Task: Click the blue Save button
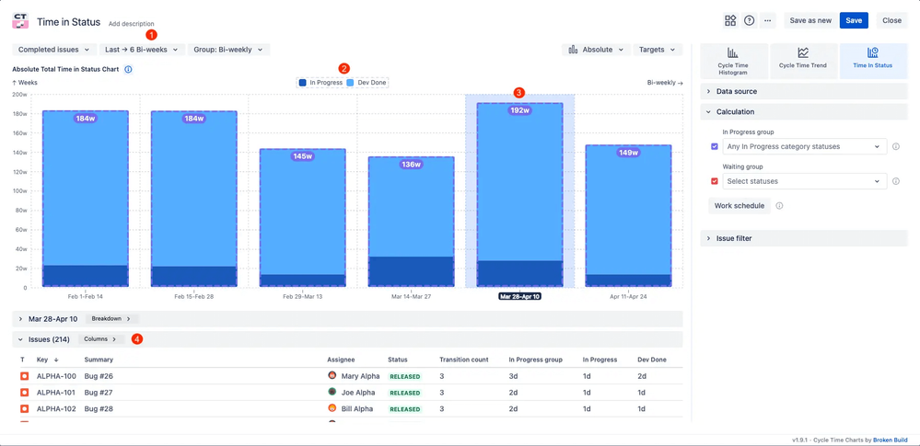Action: [x=854, y=20]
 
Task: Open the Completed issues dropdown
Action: [x=54, y=50]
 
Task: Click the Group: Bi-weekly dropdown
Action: [x=227, y=50]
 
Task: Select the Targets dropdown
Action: [x=657, y=50]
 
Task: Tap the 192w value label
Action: [x=519, y=110]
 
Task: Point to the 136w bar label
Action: [x=411, y=165]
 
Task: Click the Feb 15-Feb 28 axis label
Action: [x=193, y=297]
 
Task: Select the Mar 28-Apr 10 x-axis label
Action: [x=519, y=297]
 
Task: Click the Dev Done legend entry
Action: [x=371, y=83]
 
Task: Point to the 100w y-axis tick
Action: [x=20, y=191]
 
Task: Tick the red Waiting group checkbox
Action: [x=715, y=181]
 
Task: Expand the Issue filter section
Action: [x=734, y=238]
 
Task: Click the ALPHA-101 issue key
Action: [x=56, y=393]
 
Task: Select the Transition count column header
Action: [x=463, y=360]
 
